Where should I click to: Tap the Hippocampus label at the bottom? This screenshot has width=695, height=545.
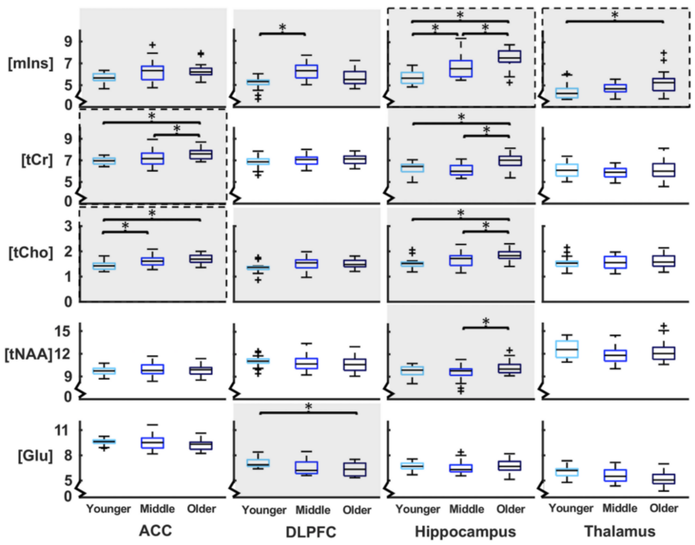465,532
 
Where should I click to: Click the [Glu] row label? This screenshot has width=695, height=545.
35,456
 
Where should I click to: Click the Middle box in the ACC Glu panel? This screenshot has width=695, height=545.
153,443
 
